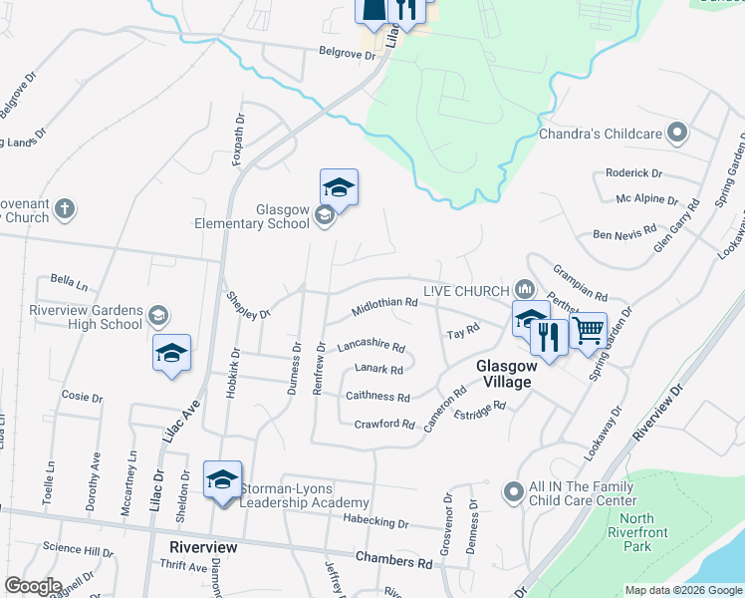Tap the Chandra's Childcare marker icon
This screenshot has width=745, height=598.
pos(678,133)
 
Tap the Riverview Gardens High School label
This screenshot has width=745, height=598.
pos(87,317)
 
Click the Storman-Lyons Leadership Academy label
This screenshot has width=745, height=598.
pos(291,495)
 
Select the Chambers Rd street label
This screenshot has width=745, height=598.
pos(395,562)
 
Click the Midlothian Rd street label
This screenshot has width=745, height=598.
pos(383,308)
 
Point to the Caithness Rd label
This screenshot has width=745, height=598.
pos(377,397)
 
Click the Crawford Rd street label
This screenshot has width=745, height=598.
pos(384,425)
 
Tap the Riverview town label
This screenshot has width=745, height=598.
pos(203,548)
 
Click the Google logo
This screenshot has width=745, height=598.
pos(34,586)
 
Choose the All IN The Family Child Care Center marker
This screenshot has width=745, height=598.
pos(513,491)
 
